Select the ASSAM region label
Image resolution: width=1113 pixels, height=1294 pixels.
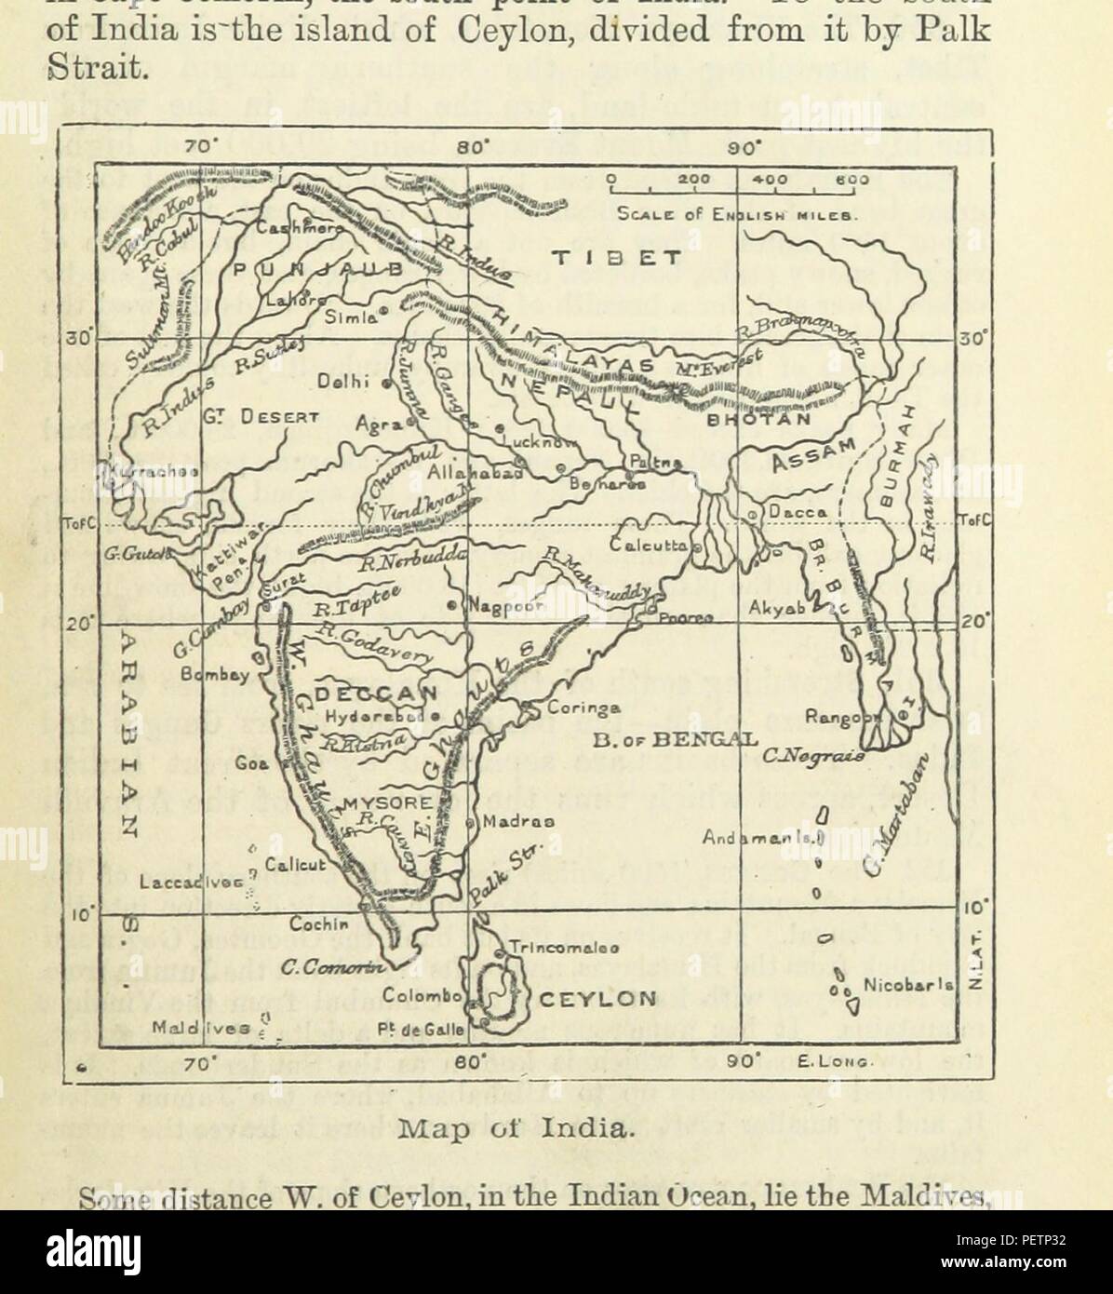810,455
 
